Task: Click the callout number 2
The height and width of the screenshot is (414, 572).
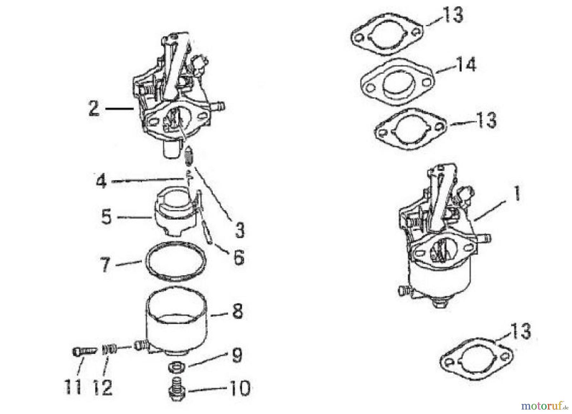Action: [94, 109]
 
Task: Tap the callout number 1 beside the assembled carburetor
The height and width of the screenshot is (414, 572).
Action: [517, 194]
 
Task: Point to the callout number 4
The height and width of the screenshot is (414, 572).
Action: [101, 182]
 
